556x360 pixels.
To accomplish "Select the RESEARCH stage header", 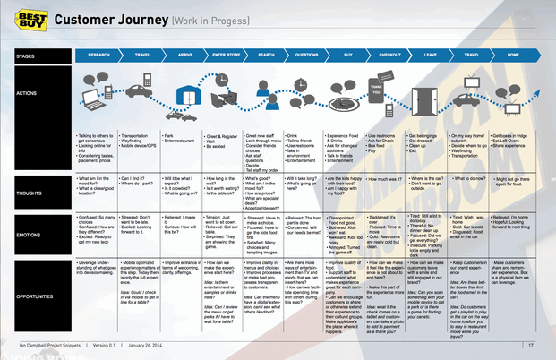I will (x=98, y=55).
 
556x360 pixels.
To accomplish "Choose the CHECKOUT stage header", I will (x=389, y=55).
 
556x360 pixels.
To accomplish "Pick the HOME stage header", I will (x=513, y=55).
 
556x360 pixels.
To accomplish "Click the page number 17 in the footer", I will (x=531, y=345).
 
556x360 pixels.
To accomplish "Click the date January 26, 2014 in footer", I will (x=158, y=345).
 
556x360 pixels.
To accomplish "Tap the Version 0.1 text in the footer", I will (x=108, y=345).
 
